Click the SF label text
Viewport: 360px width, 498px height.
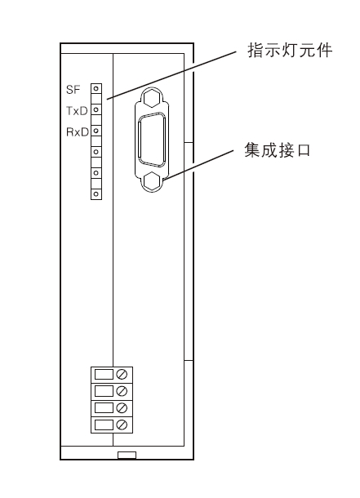coord(73,90)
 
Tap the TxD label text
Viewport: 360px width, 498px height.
coord(77,111)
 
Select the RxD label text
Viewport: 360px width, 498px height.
coord(78,131)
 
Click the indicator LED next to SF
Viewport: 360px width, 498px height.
coord(96,88)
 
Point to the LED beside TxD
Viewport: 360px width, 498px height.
coord(96,109)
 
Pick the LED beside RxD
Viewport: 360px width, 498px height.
coord(96,131)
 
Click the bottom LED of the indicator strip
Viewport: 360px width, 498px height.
coord(96,193)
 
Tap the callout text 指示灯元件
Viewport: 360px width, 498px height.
coord(290,50)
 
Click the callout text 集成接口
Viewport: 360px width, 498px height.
coord(278,150)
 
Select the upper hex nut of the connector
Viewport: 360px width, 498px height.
coord(152,98)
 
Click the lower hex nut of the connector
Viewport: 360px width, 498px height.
coord(153,181)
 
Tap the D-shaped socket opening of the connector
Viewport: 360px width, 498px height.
coord(152,140)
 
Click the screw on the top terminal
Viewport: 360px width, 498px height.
coord(122,374)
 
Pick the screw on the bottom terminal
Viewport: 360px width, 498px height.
coord(122,425)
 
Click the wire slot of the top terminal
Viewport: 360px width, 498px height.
coord(104,374)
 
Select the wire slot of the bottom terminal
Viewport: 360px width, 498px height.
coord(104,425)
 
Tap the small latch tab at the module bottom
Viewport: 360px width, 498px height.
coord(127,455)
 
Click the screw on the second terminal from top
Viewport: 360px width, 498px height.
coord(122,391)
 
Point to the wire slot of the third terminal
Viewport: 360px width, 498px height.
coord(104,408)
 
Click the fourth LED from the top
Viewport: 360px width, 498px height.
coord(96,152)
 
